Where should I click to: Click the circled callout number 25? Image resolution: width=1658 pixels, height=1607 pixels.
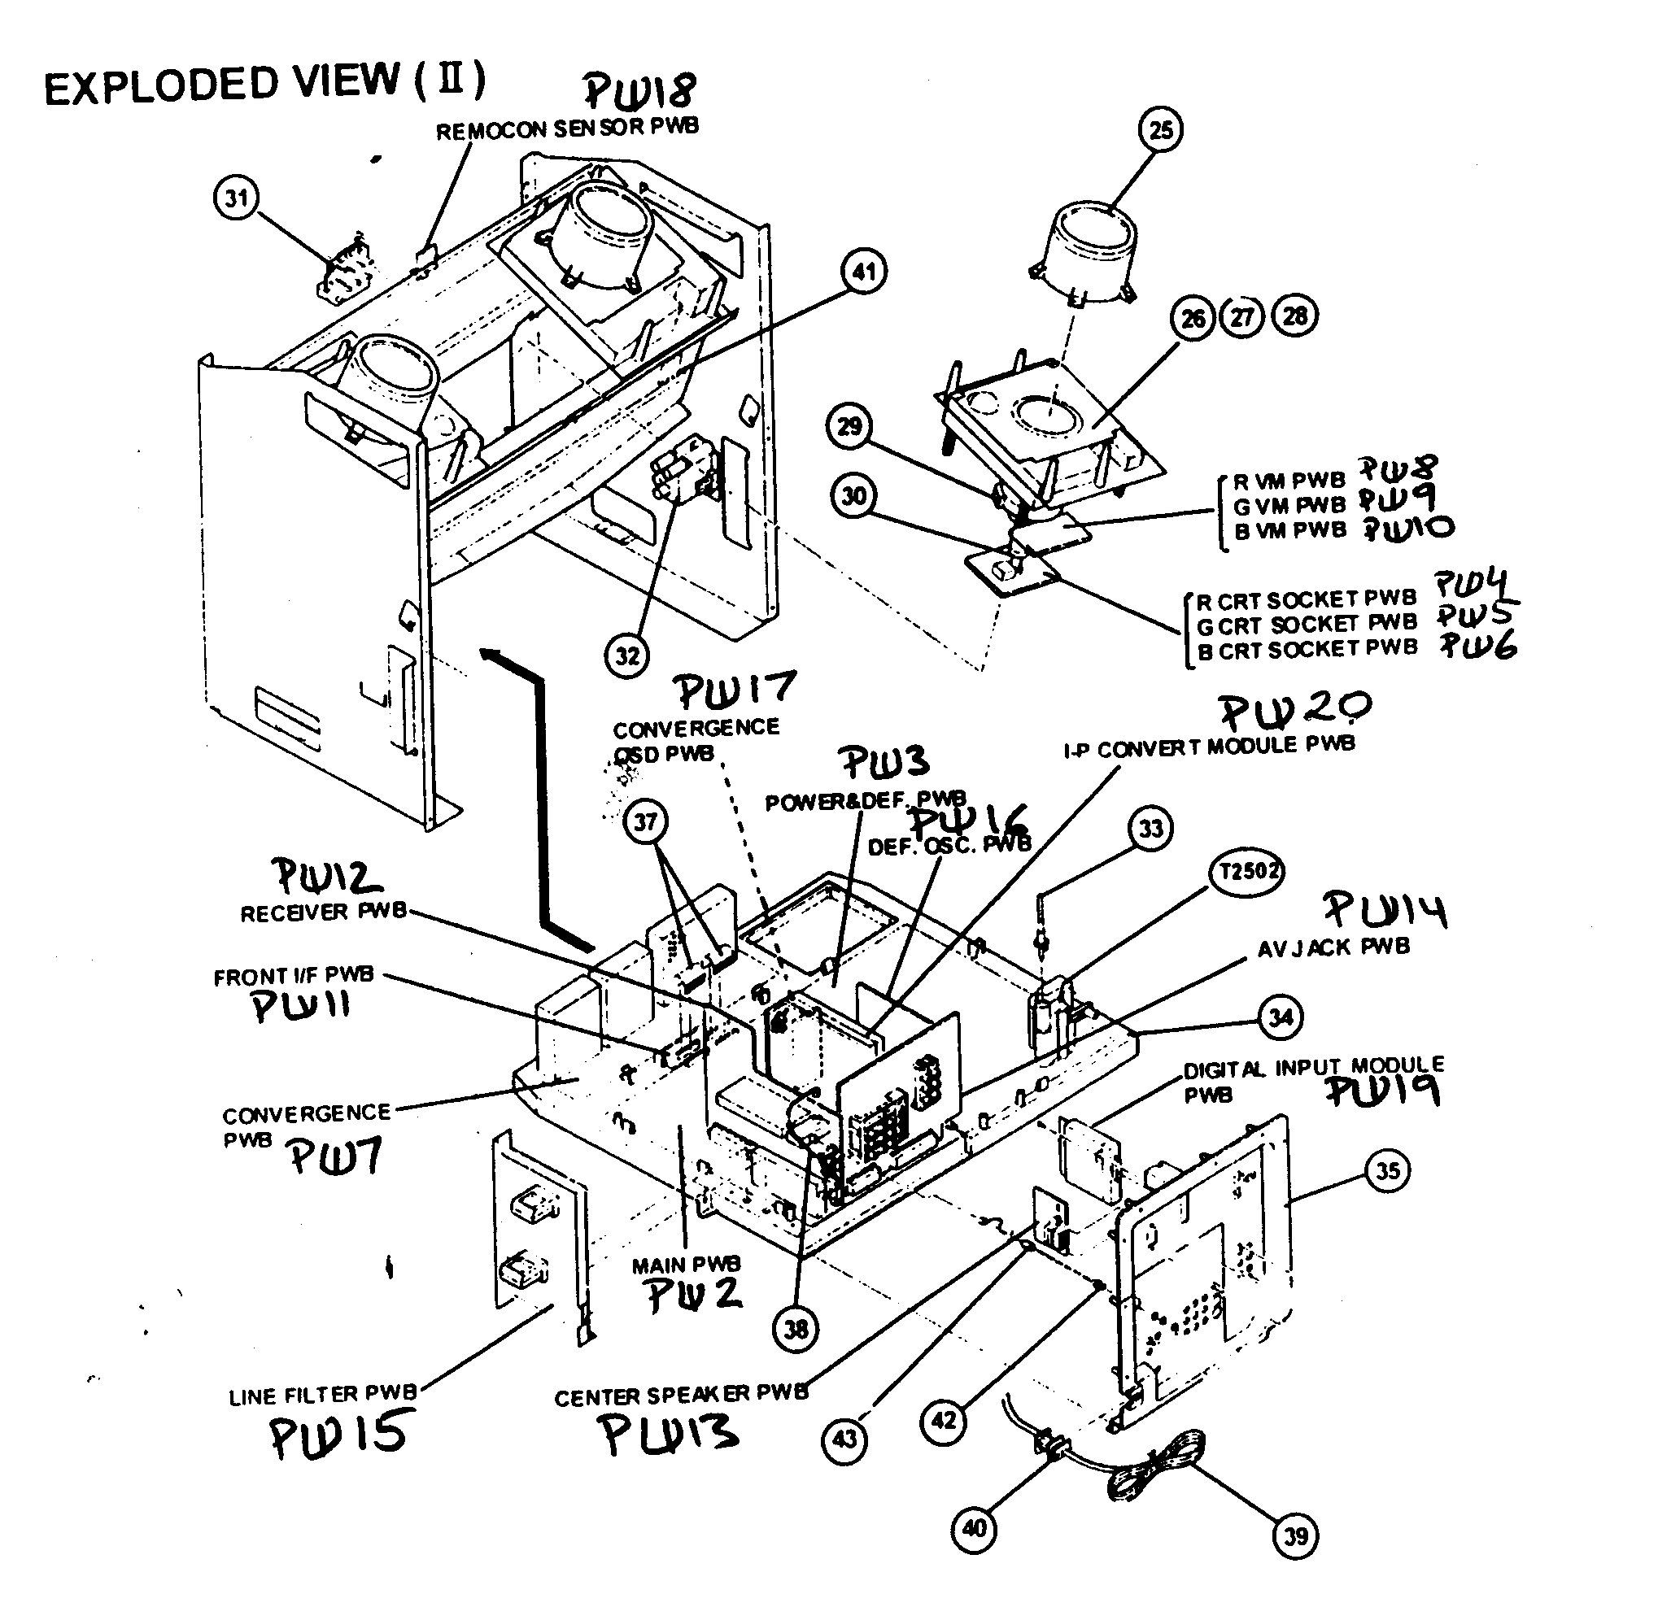coord(1161,129)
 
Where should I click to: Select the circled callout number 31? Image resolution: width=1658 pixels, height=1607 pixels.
coord(236,198)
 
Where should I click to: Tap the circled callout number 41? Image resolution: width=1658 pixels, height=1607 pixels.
coord(863,272)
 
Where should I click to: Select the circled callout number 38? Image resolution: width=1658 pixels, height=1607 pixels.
coord(796,1330)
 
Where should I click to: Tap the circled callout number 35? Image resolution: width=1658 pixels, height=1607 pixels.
coord(1387,1171)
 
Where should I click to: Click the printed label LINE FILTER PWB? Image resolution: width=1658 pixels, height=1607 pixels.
coord(322,1396)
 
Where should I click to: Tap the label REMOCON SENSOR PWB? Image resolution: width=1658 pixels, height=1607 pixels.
coord(567,128)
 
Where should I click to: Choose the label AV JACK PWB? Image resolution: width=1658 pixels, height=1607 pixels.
coord(1333,947)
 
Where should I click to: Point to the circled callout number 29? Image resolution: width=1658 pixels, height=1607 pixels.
coord(849,426)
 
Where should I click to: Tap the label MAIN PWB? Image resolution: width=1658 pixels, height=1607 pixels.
coord(686,1265)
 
